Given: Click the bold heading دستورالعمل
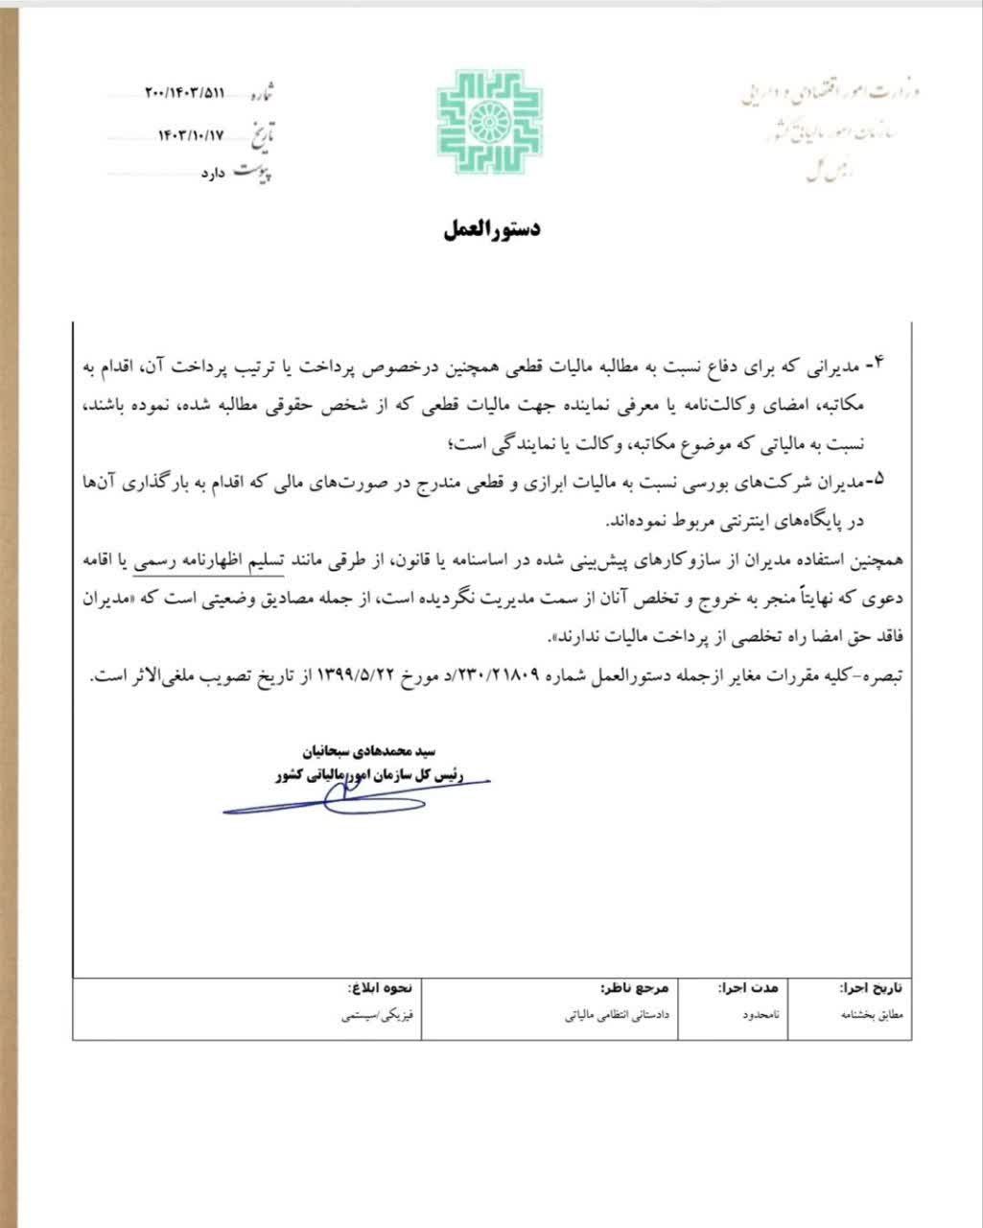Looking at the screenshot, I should [x=492, y=229].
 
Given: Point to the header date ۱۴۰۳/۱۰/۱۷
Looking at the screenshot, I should [x=196, y=135].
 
